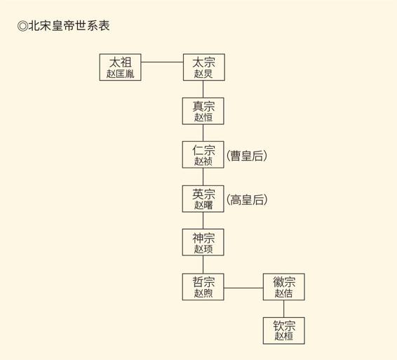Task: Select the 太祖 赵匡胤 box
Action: [x=120, y=67]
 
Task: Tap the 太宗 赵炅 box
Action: [x=204, y=67]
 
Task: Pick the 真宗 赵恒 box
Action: [x=203, y=111]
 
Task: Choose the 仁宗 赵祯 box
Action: [x=203, y=154]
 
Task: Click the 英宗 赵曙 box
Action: [x=203, y=199]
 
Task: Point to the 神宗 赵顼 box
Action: [x=203, y=242]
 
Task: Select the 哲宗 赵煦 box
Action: [x=203, y=287]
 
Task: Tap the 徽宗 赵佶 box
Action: [x=284, y=287]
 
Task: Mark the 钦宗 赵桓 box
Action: [x=284, y=331]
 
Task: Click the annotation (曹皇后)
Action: [x=247, y=156]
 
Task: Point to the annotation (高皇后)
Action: [x=247, y=199]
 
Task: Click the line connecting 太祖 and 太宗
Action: [x=162, y=62]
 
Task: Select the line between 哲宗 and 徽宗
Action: [x=243, y=288]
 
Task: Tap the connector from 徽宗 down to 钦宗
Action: [x=283, y=309]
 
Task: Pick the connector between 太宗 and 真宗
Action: [x=203, y=89]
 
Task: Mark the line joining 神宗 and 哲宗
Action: [x=203, y=265]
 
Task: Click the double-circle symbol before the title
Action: [x=22, y=26]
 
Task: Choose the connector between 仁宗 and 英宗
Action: [x=203, y=177]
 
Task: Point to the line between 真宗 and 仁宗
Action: [x=203, y=133]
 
